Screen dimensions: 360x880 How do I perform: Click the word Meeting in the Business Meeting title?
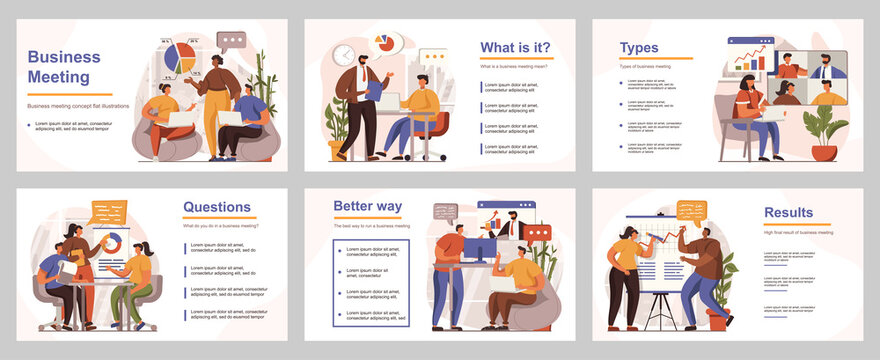click(59, 77)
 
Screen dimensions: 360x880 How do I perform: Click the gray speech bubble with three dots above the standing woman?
click(231, 41)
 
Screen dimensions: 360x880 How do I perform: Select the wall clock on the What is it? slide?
click(343, 55)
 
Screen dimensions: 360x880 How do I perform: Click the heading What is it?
click(515, 47)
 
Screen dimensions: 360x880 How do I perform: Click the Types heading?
click(639, 47)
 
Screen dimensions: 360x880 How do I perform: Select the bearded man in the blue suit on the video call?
click(827, 68)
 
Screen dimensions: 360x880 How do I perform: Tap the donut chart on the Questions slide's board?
click(111, 242)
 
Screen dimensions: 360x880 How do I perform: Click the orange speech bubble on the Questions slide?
click(108, 212)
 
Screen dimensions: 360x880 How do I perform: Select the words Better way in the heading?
click(368, 206)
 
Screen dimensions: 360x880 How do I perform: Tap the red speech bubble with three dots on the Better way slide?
click(538, 232)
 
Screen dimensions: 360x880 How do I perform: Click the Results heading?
click(788, 212)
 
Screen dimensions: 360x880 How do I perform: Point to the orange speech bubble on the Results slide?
click(691, 210)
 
